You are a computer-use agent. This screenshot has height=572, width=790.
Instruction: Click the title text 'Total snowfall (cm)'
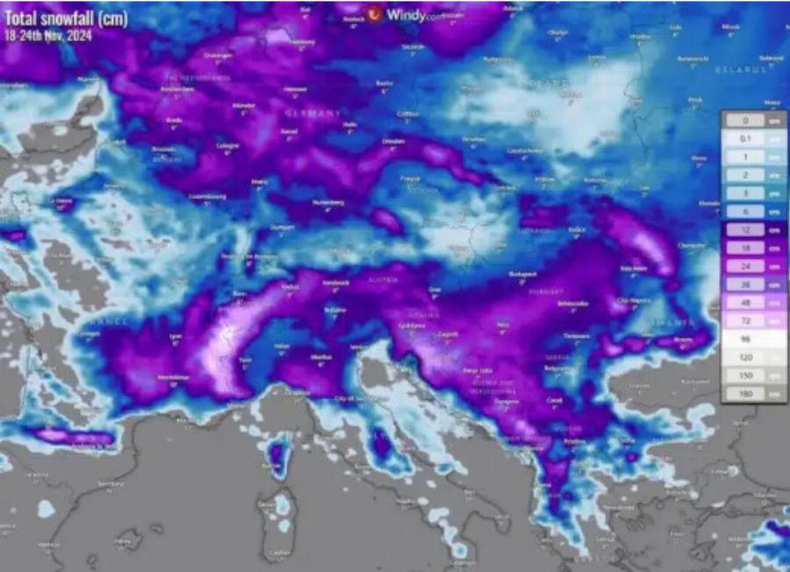click(66, 18)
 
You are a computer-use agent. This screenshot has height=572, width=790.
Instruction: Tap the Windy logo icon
click(376, 14)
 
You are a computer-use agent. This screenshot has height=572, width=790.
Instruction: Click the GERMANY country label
click(312, 114)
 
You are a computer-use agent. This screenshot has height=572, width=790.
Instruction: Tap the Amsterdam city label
click(178, 89)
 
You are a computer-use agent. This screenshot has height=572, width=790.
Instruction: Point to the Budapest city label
click(523, 274)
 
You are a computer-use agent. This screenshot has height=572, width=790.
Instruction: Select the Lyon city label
click(176, 336)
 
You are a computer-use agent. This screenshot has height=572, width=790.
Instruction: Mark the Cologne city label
click(227, 146)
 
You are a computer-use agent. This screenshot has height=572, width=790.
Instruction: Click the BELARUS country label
click(739, 68)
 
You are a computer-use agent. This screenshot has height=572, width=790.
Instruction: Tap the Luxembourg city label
click(208, 196)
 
